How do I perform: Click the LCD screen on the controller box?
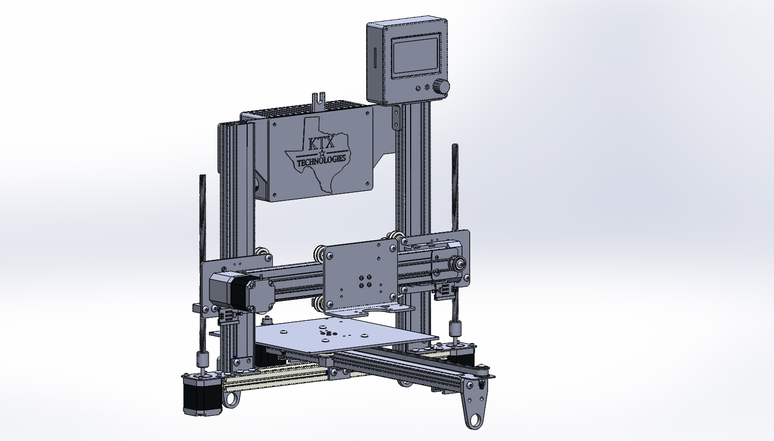(x=416, y=56)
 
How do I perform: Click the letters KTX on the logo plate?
(x=321, y=143)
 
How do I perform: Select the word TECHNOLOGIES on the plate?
(x=321, y=160)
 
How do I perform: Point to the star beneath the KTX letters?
(x=322, y=153)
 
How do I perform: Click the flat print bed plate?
(x=345, y=337)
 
